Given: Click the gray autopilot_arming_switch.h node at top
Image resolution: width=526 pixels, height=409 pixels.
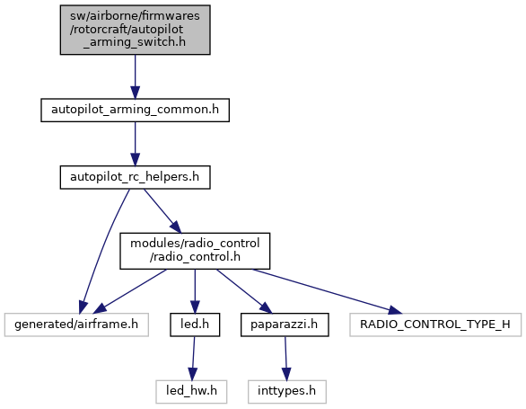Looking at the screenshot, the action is coord(136,30).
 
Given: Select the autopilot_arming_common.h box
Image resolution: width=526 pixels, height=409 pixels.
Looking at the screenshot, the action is coord(136,110).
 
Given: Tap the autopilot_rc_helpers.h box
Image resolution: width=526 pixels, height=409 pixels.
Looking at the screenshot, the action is coord(136,177).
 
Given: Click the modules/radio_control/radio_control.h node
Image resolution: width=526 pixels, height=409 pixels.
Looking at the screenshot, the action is coord(195,251).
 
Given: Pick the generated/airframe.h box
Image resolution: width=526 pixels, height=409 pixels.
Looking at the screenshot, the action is coord(76,325).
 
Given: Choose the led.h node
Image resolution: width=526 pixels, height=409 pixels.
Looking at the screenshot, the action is coord(195,325).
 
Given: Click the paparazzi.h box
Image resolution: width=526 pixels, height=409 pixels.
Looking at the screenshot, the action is coord(285,325).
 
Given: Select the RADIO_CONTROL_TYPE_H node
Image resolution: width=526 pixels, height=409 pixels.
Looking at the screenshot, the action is coord(435,325).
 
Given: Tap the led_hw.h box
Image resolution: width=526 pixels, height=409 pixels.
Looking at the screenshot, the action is coord(191,392).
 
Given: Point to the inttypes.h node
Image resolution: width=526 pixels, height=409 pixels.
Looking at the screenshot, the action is coord(287,392).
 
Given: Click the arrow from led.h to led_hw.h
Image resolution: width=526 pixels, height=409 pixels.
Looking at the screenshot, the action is coord(193,359).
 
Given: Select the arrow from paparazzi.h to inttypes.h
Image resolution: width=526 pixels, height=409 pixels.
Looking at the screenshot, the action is coord(285,359).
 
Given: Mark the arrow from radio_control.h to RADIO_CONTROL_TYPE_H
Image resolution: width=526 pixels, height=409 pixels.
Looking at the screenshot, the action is coord(327,291).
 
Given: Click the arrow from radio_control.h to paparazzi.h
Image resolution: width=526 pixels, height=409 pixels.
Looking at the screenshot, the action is coord(243,291).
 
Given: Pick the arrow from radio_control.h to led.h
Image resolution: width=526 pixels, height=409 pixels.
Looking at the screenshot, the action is coord(195,291).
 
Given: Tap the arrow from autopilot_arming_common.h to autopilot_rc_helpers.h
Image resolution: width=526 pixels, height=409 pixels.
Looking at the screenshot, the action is coord(136,144).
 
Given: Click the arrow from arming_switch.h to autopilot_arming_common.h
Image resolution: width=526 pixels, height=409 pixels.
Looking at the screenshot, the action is coord(136,76).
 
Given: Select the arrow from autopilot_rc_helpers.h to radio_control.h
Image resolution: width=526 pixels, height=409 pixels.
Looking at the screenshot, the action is coord(162,210).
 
